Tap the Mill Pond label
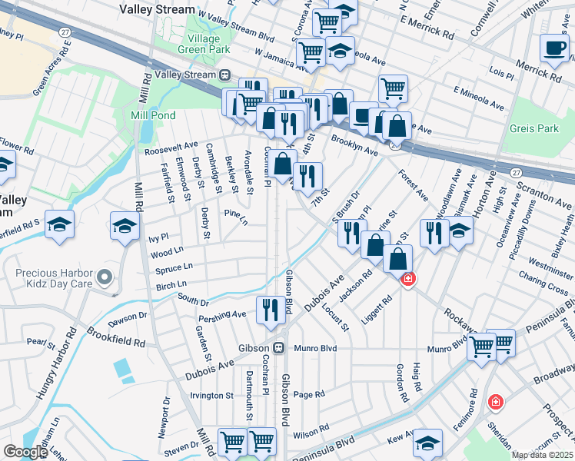coord(154,115)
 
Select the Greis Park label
coord(534,128)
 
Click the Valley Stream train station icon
coord(225,75)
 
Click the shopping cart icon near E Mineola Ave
coord(393,88)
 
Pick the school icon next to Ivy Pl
coord(125,227)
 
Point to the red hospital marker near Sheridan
coord(496,401)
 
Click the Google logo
coord(25,452)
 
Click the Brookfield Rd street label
coord(116,336)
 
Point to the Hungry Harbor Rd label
coord(55,363)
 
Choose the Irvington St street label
coord(211,396)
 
